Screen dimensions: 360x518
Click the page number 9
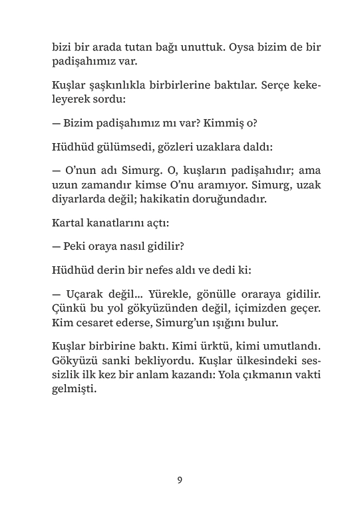point(180,480)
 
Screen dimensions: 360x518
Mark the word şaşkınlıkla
point(119,87)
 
